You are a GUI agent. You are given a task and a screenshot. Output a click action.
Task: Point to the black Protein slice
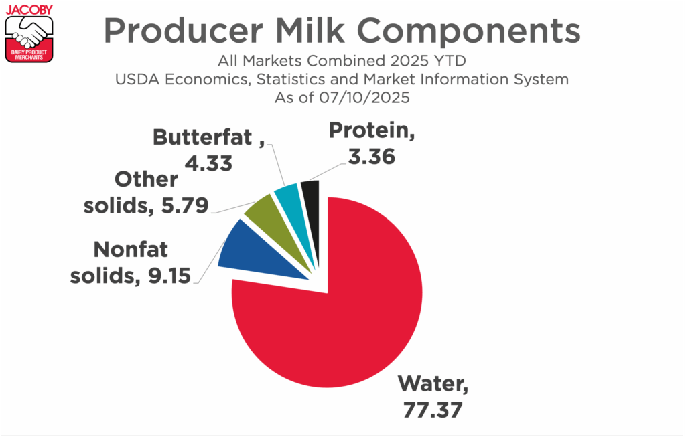pos(311,205)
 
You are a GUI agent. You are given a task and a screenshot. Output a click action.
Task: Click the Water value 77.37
pos(432,410)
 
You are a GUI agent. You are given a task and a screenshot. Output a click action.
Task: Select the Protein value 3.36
pos(371,157)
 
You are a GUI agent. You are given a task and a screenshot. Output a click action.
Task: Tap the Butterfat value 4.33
pos(208,163)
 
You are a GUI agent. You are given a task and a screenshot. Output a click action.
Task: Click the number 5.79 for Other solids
pos(185,205)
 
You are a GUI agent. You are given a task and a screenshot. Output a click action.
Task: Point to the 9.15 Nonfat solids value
pos(169,276)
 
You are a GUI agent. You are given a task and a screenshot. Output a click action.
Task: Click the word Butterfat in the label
pos(202,137)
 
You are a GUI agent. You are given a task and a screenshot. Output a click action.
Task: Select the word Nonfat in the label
pos(131,250)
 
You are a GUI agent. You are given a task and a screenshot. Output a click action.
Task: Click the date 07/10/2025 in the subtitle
pos(364,98)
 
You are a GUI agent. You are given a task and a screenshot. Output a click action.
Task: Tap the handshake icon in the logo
pos(29,33)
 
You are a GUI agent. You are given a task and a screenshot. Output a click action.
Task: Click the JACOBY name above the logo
pos(29,9)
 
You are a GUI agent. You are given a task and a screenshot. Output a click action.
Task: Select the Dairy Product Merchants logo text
pos(29,55)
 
